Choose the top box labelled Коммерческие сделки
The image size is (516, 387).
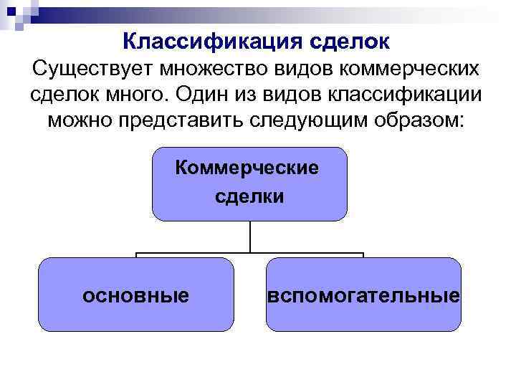[x=249, y=183]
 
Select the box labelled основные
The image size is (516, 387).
[x=136, y=295]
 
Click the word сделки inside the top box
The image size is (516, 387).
[x=249, y=196]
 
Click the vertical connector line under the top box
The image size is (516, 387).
[x=249, y=236]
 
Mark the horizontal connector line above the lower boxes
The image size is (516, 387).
[x=193, y=253]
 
